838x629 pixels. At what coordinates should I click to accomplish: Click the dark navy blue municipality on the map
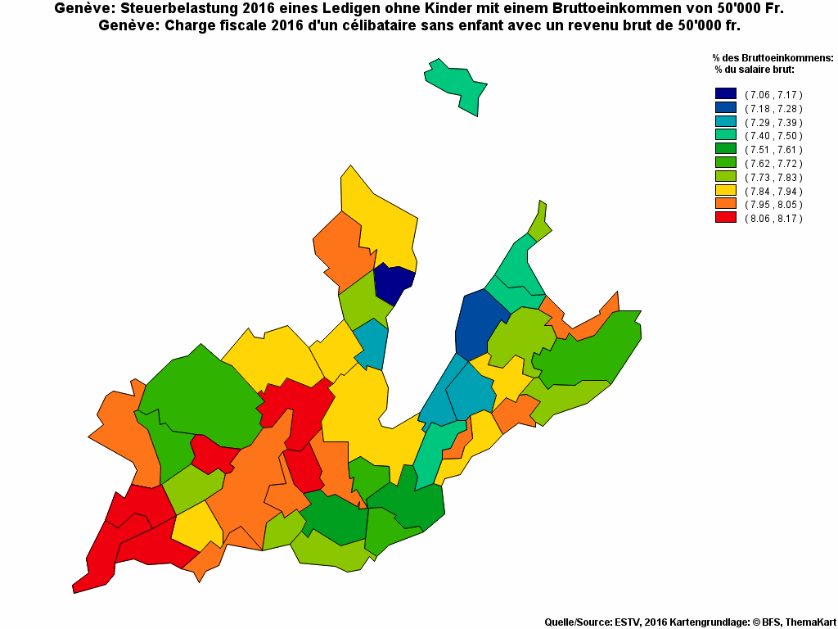click(393, 283)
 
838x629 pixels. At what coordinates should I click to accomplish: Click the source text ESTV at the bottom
click(627, 622)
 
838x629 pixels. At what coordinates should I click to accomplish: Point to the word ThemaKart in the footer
click(809, 622)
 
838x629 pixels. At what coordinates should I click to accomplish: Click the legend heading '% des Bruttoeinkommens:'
click(773, 58)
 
